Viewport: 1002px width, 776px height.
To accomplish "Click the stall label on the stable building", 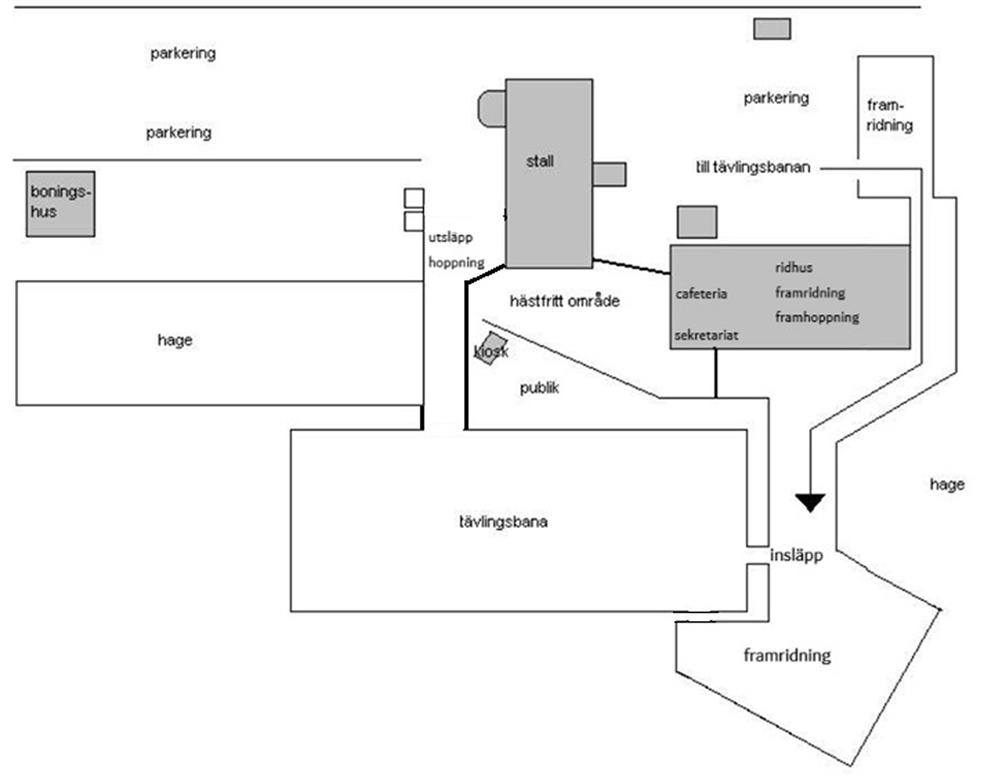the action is [539, 161].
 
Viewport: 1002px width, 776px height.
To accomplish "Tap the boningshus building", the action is [60, 203].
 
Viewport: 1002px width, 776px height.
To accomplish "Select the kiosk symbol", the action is [491, 348].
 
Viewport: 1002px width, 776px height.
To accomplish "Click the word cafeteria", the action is [701, 293].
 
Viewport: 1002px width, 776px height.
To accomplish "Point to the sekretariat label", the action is [706, 335].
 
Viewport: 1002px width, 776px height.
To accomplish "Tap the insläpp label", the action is [796, 555].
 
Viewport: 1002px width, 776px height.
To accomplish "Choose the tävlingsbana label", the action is [503, 522].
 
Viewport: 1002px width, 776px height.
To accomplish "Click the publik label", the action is [539, 388].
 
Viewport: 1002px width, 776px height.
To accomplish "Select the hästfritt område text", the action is [564, 301].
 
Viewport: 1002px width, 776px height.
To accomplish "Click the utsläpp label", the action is [450, 238].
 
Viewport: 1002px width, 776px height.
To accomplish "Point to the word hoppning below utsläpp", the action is [456, 263].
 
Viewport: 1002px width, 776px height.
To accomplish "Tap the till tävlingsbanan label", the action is [753, 167].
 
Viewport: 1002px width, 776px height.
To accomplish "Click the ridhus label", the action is [794, 268].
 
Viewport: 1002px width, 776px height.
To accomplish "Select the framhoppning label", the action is [817, 318].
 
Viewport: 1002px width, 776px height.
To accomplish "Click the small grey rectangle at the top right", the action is [773, 29].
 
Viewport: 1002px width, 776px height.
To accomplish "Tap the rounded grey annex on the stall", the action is [492, 109].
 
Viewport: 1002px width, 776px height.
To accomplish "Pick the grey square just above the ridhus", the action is [697, 222].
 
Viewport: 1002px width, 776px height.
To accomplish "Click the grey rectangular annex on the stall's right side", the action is [609, 174].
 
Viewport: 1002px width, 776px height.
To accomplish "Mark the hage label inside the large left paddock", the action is [175, 340].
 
